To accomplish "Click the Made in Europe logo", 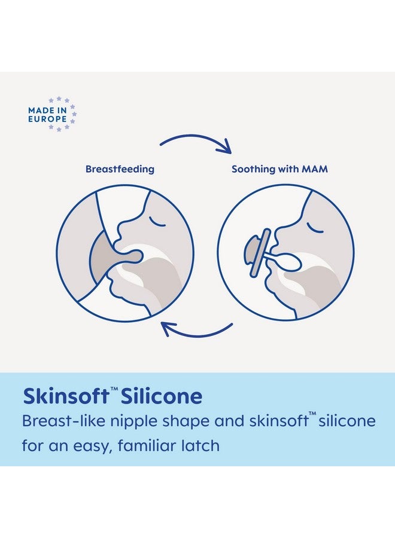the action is [52, 114].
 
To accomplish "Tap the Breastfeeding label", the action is [120, 169].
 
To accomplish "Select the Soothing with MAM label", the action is [279, 169].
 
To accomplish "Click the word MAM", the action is [315, 169].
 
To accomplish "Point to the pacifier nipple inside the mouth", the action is [290, 262].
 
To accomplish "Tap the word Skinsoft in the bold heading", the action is [66, 396].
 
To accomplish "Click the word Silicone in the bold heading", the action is [162, 396].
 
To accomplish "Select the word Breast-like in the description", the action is [63, 421].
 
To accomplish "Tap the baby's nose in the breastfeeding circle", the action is [121, 228].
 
